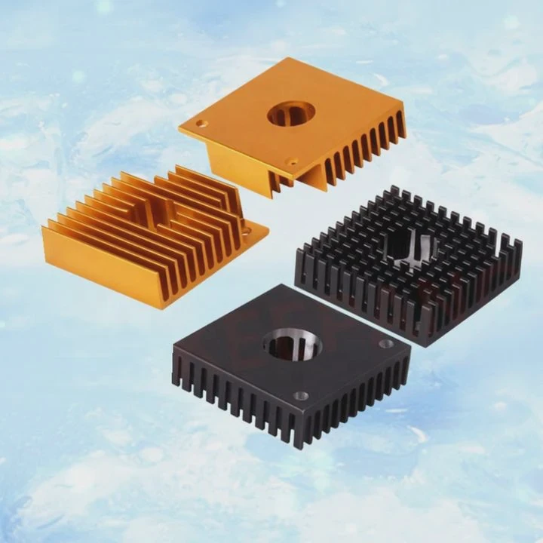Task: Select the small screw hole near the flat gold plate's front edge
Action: (x=291, y=161)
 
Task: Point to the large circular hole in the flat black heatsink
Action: (x=293, y=345)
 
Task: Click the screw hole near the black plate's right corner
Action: (x=387, y=343)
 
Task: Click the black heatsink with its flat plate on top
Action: (x=290, y=362)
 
